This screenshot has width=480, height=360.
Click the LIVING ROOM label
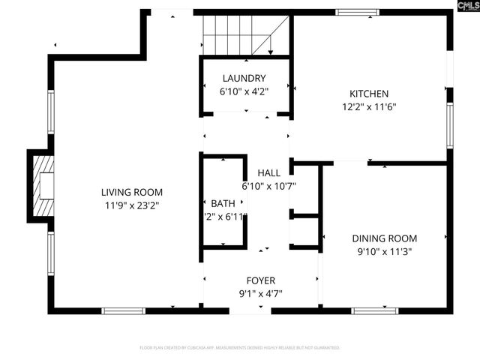132,192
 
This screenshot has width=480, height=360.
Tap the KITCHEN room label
368,94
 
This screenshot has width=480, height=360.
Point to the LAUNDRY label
244,78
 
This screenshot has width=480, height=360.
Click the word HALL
268,172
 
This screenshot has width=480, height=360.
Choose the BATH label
223,203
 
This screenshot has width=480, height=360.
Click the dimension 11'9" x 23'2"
132,204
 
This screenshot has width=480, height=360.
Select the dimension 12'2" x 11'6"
368,106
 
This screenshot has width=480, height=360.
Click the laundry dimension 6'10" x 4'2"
244,91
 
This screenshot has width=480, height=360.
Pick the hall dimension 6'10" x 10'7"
268,185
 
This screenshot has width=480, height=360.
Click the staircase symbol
244,36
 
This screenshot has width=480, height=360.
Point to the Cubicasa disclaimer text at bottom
240,348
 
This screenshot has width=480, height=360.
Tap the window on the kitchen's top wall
357,12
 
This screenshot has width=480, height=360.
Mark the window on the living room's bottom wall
124,309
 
